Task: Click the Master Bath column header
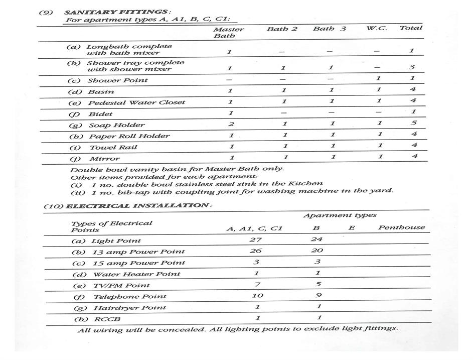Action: click(228, 33)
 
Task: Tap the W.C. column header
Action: click(376, 28)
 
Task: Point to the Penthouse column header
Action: click(401, 227)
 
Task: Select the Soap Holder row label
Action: click(116, 125)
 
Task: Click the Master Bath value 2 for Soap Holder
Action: click(230, 124)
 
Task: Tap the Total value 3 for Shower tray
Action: click(411, 67)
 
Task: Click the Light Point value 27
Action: click(255, 239)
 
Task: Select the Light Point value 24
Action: click(317, 239)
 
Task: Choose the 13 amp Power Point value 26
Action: click(255, 251)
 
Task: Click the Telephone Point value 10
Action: click(257, 295)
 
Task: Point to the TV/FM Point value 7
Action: click(256, 285)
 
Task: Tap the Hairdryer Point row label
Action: click(129, 307)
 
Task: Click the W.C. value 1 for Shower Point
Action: click(378, 78)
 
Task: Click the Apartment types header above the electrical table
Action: click(340, 215)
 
